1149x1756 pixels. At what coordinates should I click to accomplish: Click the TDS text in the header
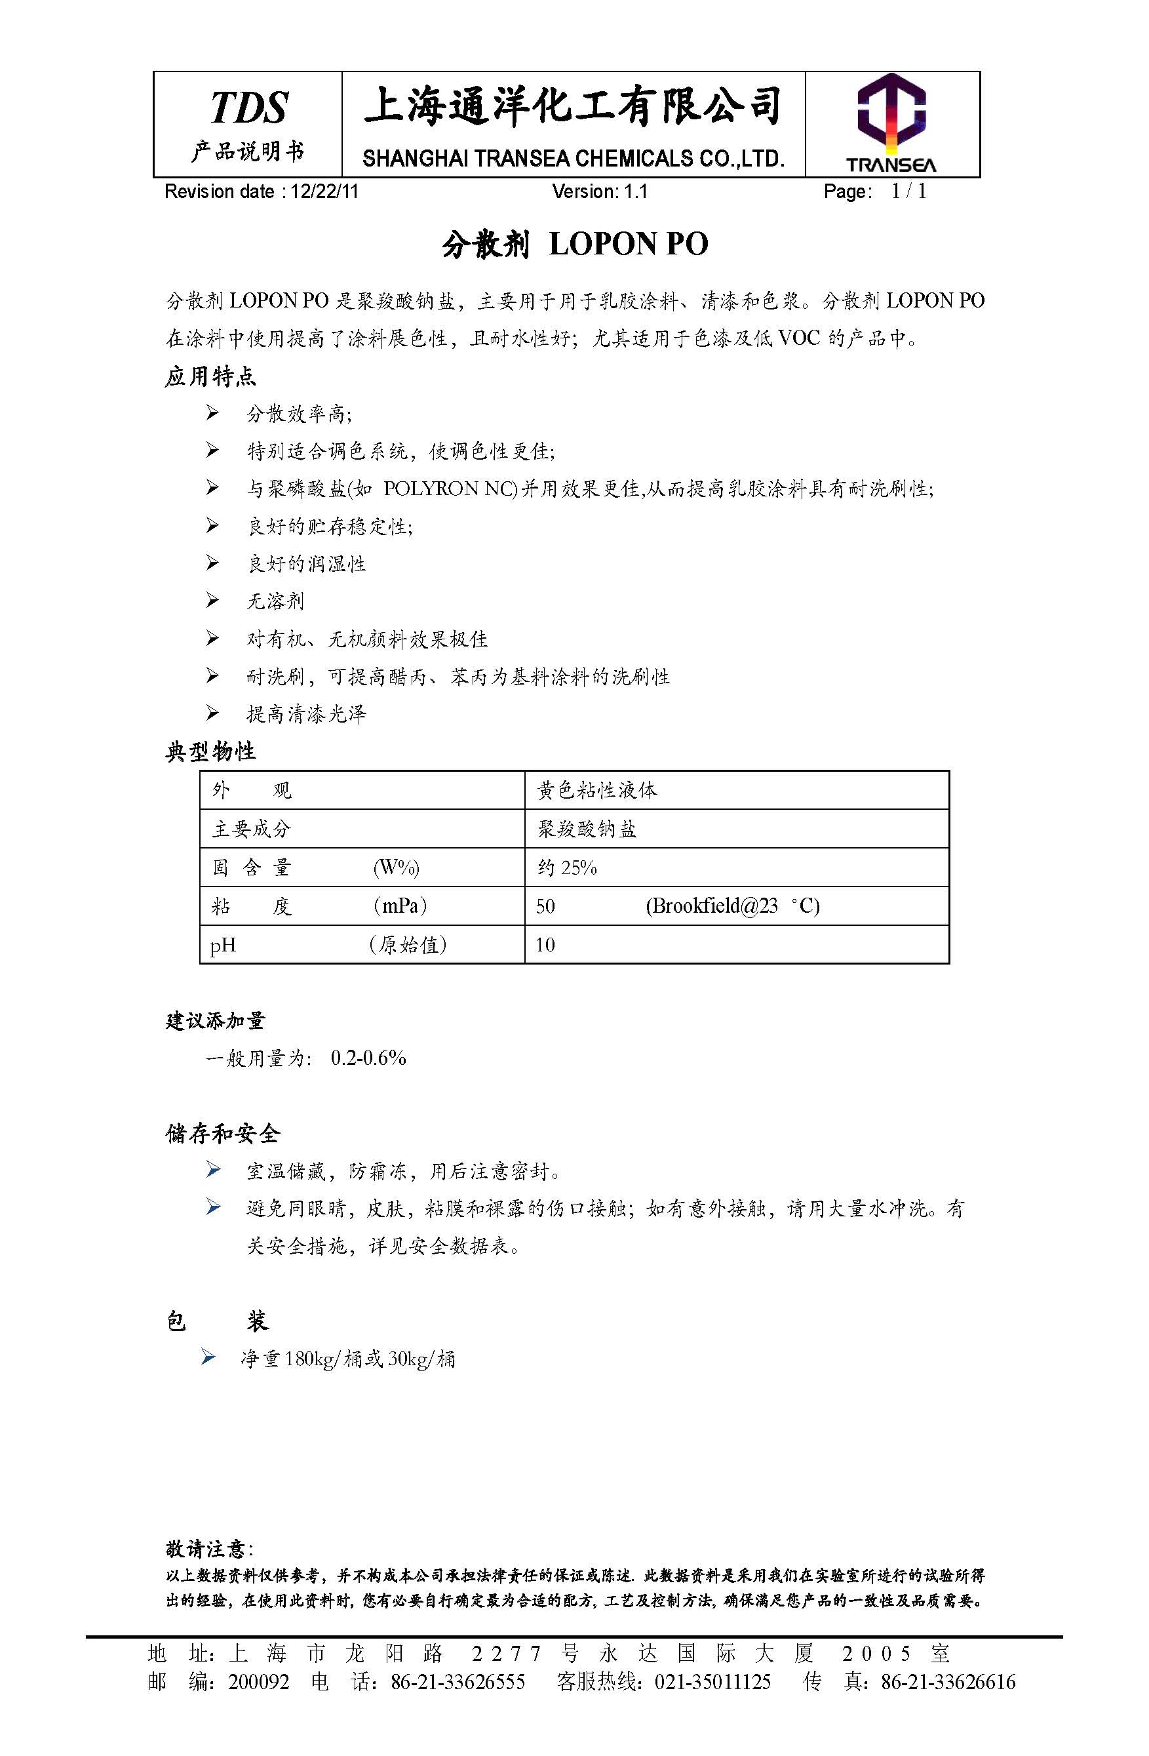[248, 108]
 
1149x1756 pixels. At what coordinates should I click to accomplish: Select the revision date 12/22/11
[324, 192]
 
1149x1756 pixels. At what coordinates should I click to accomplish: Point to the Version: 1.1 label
[600, 192]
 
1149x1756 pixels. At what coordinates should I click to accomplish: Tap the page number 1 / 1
[908, 192]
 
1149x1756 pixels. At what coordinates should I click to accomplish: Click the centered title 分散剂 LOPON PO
[574, 244]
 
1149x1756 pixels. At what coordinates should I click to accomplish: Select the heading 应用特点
[210, 376]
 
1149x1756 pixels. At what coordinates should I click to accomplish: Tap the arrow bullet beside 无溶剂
[212, 601]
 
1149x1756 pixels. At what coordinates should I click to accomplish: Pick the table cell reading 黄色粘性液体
[596, 791]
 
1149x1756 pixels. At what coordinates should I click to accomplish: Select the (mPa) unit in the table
[400, 906]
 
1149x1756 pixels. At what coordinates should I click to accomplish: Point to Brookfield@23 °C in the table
[732, 906]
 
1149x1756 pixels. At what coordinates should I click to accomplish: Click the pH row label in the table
[224, 945]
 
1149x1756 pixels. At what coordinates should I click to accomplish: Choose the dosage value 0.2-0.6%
[368, 1058]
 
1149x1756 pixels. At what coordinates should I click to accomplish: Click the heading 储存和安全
[223, 1133]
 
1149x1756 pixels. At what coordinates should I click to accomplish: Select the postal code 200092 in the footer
[258, 1682]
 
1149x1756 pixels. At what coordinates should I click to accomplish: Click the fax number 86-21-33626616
[948, 1682]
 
